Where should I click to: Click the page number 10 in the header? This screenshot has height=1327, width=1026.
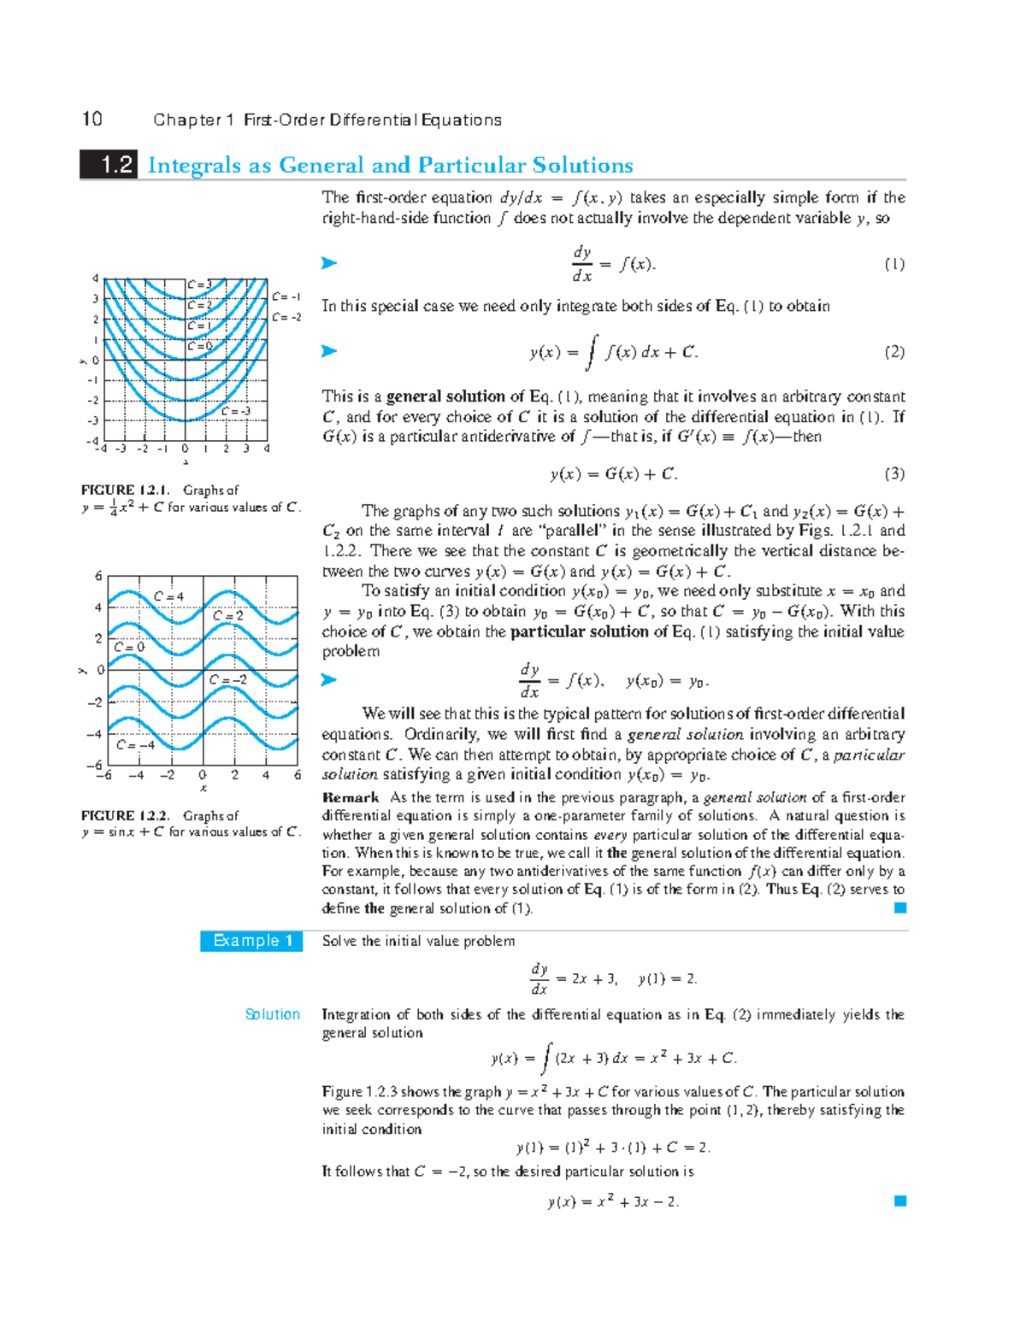(91, 119)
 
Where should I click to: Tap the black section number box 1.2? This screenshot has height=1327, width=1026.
(109, 164)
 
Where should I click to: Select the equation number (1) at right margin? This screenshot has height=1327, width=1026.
(893, 264)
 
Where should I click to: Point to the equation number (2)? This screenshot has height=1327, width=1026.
(893, 352)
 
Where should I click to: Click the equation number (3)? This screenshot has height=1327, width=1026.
(893, 474)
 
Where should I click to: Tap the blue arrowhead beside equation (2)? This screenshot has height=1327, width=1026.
(328, 351)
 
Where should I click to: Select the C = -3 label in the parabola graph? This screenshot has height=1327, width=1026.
(236, 411)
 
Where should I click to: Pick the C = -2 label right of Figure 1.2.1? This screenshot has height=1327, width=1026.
(286, 317)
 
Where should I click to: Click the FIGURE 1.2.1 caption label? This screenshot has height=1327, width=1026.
(125, 490)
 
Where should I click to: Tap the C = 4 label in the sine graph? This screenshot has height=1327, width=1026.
(168, 596)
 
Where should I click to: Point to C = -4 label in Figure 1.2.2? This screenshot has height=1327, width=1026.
(136, 744)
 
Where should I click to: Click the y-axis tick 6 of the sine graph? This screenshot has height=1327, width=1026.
(98, 576)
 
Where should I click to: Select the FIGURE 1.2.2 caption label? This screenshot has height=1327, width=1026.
(125, 815)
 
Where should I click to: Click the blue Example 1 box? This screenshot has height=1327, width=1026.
(251, 941)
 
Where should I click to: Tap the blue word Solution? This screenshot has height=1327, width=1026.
(272, 1014)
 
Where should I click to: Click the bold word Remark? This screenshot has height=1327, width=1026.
(351, 797)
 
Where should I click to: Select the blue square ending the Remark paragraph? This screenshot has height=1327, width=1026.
(899, 908)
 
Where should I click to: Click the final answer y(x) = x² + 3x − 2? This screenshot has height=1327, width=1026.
(613, 1201)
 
